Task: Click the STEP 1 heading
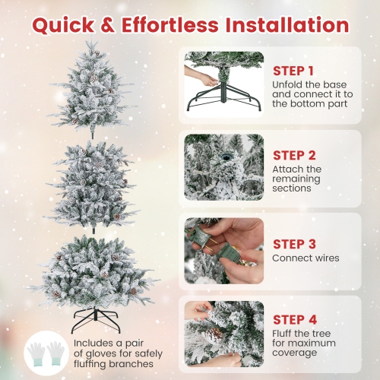coord(294,71)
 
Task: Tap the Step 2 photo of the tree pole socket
coord(223,166)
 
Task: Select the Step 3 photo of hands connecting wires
coord(223,250)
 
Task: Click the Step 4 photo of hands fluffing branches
coord(223,332)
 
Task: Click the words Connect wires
coord(306,258)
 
